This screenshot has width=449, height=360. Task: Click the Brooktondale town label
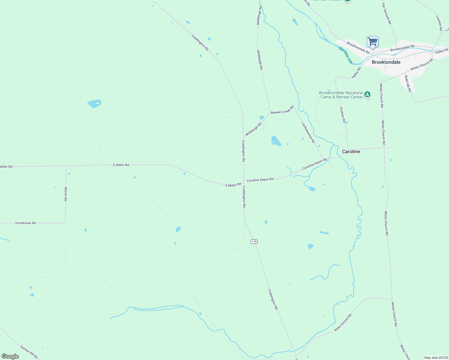[386, 62]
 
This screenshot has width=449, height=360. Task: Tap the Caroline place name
[351, 151]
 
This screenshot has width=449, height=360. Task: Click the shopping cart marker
[372, 42]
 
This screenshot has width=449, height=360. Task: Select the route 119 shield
[254, 241]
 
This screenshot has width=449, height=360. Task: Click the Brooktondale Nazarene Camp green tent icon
[367, 95]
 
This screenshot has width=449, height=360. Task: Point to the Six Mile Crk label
[345, 55]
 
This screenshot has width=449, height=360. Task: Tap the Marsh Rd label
[66, 194]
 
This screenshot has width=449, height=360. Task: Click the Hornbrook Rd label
[26, 223]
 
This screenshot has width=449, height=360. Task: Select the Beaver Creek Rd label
[282, 110]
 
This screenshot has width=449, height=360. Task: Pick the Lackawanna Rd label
[308, 132]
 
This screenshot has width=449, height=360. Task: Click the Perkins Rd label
[342, 115]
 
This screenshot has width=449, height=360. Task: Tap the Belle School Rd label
[343, 323]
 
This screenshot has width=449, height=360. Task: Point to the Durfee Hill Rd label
[29, 352]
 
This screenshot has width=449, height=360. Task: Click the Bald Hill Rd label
[408, 83]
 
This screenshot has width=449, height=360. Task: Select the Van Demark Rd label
[387, 13]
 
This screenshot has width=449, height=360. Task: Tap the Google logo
[10, 356]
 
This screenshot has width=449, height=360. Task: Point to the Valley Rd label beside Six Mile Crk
[356, 73]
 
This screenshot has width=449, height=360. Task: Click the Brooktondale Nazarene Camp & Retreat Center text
[341, 95]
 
